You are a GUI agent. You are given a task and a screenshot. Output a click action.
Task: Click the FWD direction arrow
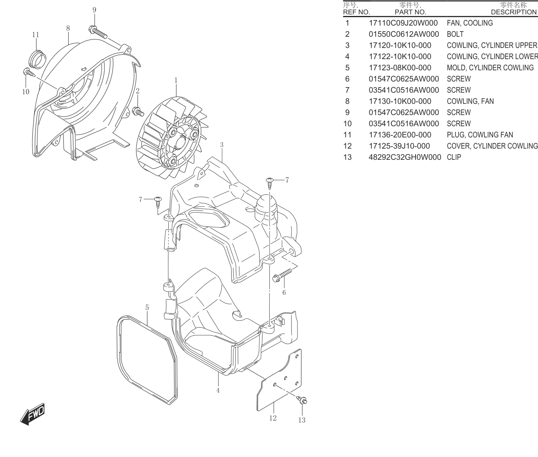pyautogui.click(x=32, y=414)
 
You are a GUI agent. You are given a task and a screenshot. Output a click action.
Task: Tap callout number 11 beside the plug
pyautogui.click(x=35, y=35)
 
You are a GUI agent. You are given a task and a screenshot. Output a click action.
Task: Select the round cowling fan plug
pyautogui.click(x=37, y=59)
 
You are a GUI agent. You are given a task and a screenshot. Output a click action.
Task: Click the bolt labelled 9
pyautogui.click(x=98, y=32)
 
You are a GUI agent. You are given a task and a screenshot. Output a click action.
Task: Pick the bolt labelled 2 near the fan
pyautogui.click(x=138, y=111)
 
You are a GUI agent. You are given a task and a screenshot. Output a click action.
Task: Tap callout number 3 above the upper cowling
pyautogui.click(x=222, y=145)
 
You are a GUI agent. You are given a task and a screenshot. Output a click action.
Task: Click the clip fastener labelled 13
pyautogui.click(x=302, y=400)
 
